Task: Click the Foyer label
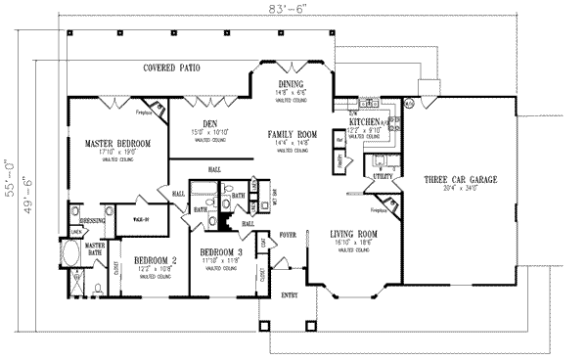coord(289,235)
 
